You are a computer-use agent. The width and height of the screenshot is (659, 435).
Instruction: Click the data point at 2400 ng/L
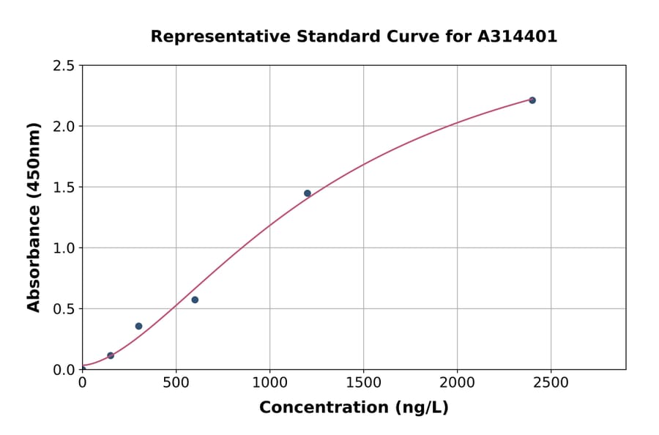pos(532,100)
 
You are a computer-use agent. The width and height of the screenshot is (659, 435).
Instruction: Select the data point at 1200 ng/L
pos(308,193)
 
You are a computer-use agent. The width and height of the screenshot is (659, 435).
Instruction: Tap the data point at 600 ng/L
pos(195,300)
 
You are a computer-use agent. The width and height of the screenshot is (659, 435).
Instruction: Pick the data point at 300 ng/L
pos(138,326)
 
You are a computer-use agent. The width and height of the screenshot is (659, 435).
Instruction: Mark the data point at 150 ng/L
pos(111,356)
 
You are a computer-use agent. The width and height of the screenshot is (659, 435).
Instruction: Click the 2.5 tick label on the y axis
pos(64,66)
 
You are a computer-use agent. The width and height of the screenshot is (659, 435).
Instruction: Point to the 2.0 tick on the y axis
pos(64,127)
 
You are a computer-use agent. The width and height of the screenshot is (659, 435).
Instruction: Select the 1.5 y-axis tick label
pos(64,187)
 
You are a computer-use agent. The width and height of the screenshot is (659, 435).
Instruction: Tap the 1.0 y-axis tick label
pos(64,248)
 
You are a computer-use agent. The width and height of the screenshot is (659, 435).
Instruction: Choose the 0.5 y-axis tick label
pos(64,309)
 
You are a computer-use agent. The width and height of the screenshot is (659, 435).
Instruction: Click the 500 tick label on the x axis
pos(176,383)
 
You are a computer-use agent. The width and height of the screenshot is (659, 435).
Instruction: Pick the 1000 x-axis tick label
pos(269,383)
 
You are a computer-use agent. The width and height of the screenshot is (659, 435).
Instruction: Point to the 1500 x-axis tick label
pos(364,383)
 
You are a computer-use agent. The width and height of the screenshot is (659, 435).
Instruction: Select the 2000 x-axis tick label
pos(458,383)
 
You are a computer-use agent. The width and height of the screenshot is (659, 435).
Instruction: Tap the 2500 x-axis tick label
pos(551,383)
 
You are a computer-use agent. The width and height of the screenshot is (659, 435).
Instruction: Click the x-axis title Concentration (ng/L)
pos(354,408)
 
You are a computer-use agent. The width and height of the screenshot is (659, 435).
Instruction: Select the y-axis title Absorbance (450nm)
pos(34,218)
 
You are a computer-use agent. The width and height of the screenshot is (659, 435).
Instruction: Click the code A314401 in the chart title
pos(518,37)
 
